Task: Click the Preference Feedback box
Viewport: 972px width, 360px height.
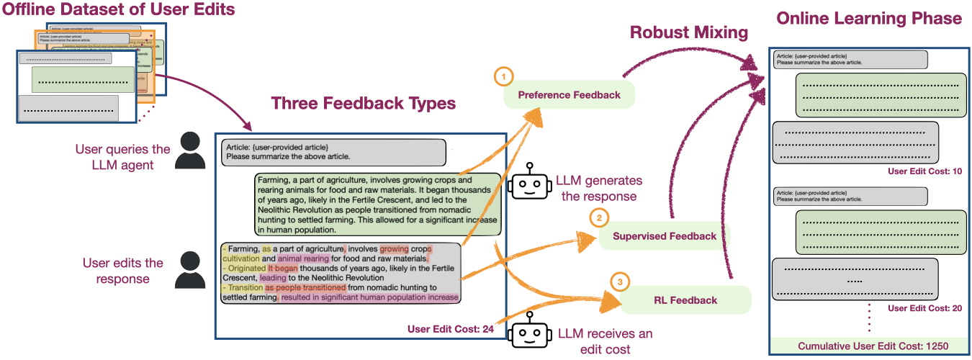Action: point(570,95)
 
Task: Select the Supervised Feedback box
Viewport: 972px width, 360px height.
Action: point(665,236)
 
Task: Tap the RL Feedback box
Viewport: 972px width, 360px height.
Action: point(685,300)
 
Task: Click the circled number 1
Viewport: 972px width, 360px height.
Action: point(504,76)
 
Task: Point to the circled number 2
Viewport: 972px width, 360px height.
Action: point(600,216)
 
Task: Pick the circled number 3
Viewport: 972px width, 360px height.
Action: point(620,281)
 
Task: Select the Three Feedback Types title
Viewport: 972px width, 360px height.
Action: point(363,104)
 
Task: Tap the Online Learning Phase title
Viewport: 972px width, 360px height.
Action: point(868,19)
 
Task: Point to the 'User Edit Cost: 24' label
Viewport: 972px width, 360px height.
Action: point(450,330)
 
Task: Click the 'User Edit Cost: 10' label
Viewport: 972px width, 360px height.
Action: point(924,171)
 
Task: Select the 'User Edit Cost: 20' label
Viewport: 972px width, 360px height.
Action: point(924,308)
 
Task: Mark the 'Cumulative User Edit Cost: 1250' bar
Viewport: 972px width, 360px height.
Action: point(873,346)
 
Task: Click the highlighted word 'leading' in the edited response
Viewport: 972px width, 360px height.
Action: point(272,277)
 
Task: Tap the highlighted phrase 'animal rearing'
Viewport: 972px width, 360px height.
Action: point(303,258)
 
